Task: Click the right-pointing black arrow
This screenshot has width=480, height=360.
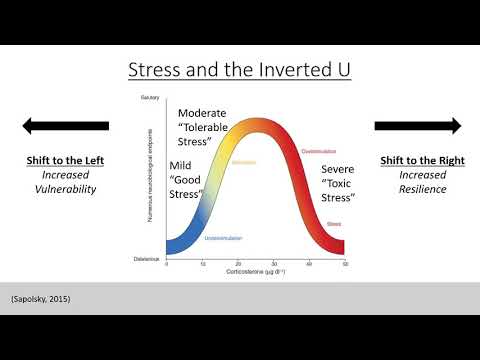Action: pyautogui.click(x=418, y=126)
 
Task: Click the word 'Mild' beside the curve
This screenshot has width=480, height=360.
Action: pyautogui.click(x=182, y=166)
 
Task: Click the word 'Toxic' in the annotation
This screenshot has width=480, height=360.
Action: pyautogui.click(x=341, y=183)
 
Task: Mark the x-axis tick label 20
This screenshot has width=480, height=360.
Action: pyautogui.click(x=238, y=264)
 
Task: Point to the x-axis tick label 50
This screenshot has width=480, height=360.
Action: pyautogui.click(x=344, y=264)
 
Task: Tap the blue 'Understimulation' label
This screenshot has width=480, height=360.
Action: pyautogui.click(x=223, y=238)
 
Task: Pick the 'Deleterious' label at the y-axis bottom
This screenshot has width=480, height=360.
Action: pyautogui.click(x=148, y=258)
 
